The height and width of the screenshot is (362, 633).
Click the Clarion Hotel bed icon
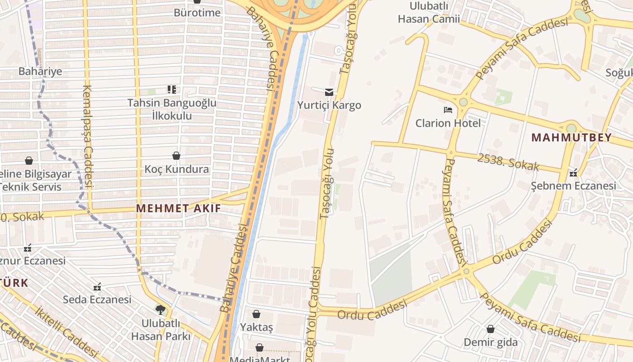tap(448, 110)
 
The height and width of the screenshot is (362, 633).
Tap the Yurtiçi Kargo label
tap(329, 105)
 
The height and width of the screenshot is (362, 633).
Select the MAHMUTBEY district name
tap(571, 138)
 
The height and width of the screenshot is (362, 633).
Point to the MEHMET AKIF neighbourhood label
tap(179, 208)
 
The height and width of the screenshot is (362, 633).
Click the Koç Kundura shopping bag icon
tap(176, 156)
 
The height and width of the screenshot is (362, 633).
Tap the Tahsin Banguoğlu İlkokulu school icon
tap(171, 90)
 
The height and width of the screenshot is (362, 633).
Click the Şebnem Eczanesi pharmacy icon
tap(573, 173)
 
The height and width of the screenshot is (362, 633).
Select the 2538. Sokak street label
tap(508, 162)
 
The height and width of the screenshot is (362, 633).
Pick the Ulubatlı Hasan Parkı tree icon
tap(160, 310)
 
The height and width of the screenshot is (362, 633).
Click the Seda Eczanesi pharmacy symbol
tap(97, 287)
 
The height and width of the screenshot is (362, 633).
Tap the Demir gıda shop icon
tap(490, 329)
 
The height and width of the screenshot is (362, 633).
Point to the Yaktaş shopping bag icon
tap(256, 314)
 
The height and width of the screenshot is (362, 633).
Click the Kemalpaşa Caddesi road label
tap(87, 136)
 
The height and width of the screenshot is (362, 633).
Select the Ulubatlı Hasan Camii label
tap(429, 13)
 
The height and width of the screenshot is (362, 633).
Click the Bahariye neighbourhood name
tap(40, 71)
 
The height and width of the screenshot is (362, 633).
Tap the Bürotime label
tap(197, 12)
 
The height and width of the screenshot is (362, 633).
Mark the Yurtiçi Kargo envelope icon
tap(329, 92)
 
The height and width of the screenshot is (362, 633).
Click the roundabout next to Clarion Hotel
tap(463, 102)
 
